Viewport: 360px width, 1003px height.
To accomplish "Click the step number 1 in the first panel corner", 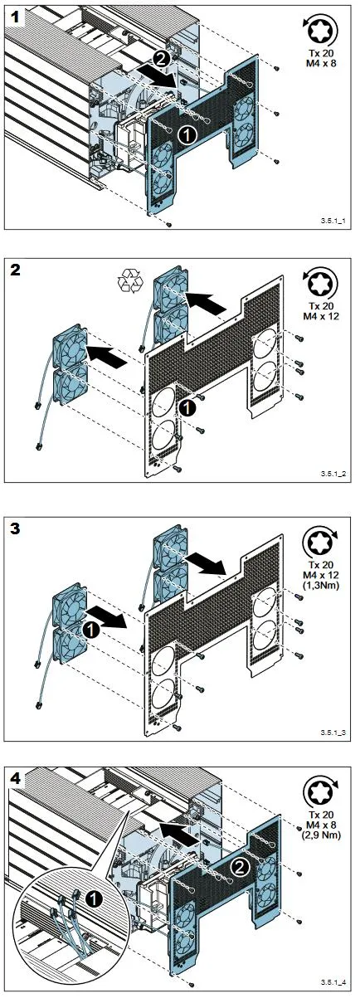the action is click(x=16, y=17).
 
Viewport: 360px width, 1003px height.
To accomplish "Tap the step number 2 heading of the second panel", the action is click(x=15, y=271).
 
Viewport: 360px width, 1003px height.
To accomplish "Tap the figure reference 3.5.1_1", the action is click(x=333, y=221).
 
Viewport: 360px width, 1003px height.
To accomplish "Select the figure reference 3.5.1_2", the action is click(x=333, y=473).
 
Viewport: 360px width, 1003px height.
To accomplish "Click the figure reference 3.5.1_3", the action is click(x=333, y=733).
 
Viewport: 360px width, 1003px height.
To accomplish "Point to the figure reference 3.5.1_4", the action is click(x=333, y=993).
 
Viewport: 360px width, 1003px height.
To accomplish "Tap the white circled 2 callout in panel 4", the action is click(x=240, y=869).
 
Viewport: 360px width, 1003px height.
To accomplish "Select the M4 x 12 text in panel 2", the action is click(x=323, y=316).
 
